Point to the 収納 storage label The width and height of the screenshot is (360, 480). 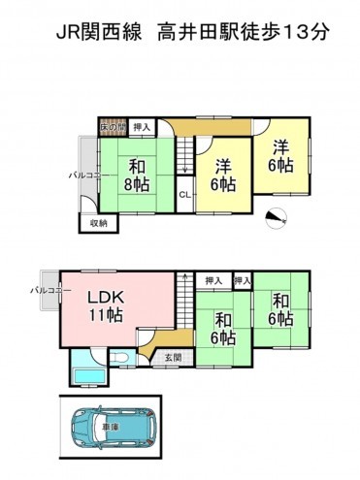click(99, 222)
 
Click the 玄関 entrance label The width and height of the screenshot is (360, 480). click(172, 358)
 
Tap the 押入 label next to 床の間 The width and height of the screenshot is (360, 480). click(142, 126)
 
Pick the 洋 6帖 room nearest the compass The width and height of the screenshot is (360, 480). click(280, 157)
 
